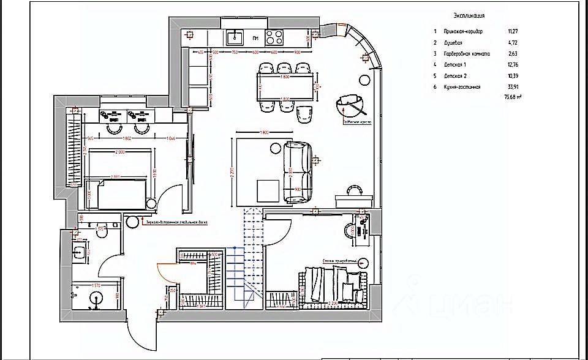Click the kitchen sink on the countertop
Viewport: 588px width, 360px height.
coord(235,38)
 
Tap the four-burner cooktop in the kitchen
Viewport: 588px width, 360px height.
coord(275,37)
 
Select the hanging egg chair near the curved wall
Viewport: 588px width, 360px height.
coord(350,105)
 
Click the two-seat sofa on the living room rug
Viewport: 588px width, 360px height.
coord(298,171)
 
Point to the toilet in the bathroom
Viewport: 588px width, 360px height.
coord(102,232)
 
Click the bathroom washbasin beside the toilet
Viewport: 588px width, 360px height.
coord(80,252)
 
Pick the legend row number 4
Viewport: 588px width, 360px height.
coord(435,64)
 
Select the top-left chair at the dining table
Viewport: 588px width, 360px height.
coord(267,68)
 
